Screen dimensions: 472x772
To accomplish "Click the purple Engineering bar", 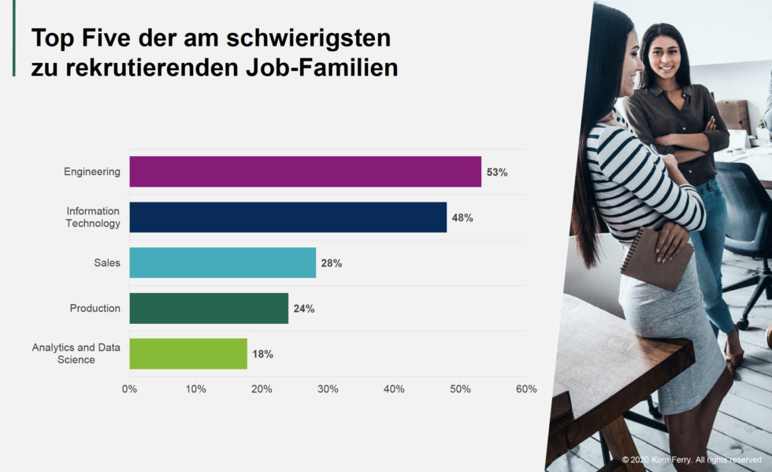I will pos(305,172).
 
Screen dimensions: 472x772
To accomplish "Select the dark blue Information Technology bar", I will pos(288,217).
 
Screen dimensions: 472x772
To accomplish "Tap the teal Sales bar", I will pos(222,262).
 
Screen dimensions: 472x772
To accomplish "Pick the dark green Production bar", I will pos(209,308).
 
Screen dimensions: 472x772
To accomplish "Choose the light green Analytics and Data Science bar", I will pos(188,354).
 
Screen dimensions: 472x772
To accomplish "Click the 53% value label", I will pos(497,173).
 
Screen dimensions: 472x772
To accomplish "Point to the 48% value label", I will pos(462,217).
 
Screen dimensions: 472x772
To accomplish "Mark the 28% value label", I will pos(332,263).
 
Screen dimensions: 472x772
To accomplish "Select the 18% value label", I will pos(262,355).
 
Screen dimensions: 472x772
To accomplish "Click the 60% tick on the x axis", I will pos(525,389).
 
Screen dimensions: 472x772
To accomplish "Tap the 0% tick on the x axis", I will pos(129,389).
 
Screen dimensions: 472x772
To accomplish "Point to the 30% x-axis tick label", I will pos(328,389).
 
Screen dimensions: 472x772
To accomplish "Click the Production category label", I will pos(95,308).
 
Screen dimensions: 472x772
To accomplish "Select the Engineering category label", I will pos(92,172).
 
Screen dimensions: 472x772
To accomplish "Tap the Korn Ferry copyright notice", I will pos(692,459).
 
